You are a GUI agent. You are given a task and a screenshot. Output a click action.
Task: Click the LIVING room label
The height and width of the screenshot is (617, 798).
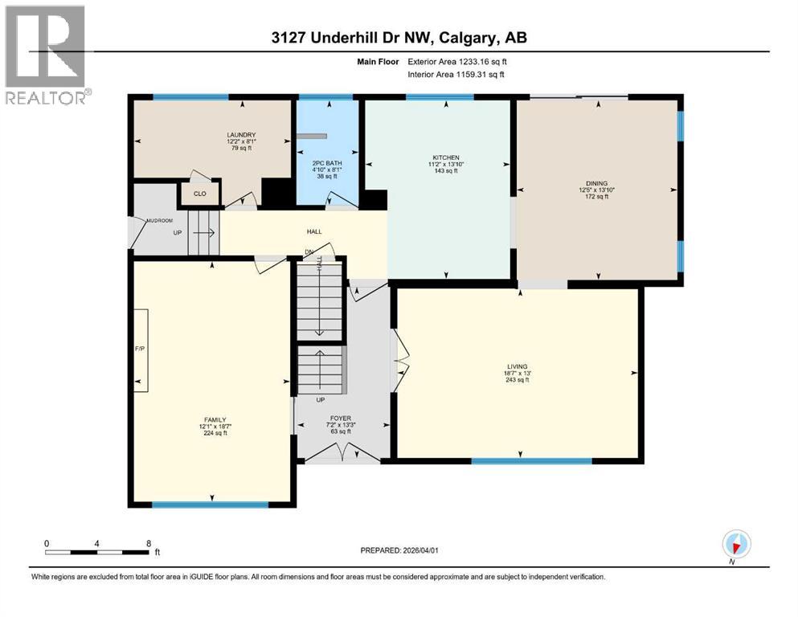coord(515,373)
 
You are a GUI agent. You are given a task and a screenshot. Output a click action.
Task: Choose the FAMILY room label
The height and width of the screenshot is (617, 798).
coord(214,419)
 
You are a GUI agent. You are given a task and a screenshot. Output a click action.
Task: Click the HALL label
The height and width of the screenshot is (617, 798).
coord(314,232)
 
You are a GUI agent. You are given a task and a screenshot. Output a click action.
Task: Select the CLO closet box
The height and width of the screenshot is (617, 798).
coord(200,194)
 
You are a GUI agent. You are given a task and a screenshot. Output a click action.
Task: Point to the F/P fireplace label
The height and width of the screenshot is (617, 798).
coord(139,349)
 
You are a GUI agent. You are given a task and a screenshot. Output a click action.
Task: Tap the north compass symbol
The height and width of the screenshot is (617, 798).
coord(735,545)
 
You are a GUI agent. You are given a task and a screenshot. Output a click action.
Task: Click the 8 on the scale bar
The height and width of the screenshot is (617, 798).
coord(149,543)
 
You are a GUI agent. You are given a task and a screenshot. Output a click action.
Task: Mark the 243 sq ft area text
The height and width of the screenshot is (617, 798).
coord(515,380)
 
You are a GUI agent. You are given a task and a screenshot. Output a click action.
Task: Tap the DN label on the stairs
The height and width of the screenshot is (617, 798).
coord(309,252)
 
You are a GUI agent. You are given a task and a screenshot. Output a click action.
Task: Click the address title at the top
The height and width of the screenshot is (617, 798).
coord(399,38)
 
